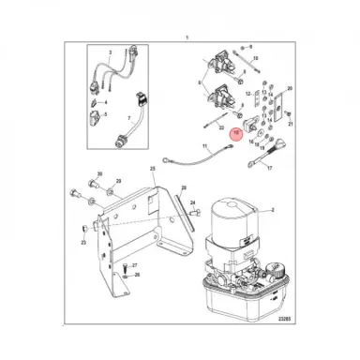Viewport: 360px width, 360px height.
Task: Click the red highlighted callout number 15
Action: [x=237, y=135]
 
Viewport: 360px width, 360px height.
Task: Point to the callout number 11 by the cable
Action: [x=205, y=147]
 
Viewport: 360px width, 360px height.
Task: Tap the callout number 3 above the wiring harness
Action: [x=110, y=55]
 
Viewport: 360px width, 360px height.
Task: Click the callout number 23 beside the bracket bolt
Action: [x=83, y=241]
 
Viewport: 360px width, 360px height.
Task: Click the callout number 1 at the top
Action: [x=187, y=36]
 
